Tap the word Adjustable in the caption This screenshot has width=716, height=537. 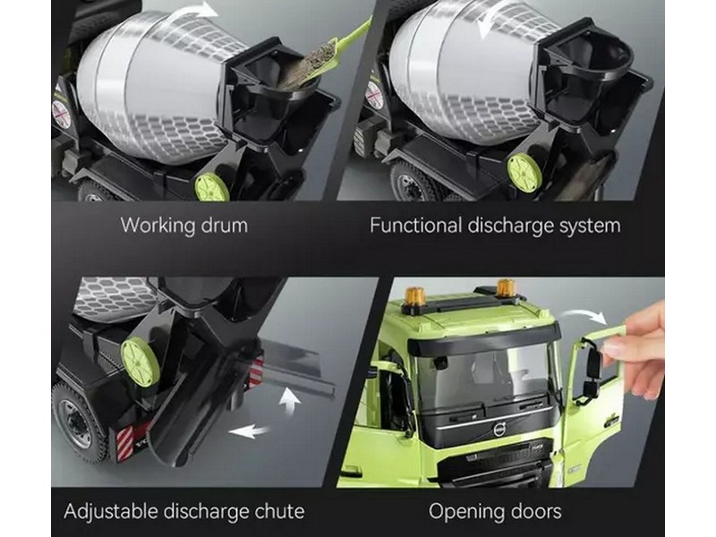pyautogui.click(x=111, y=512)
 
